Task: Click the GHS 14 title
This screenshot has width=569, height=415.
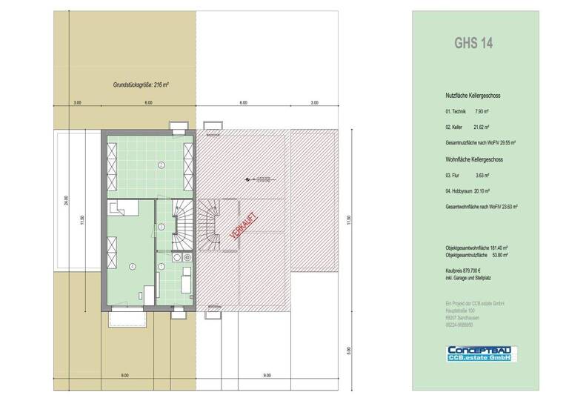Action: point(473,42)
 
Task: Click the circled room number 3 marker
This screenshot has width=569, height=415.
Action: point(161,226)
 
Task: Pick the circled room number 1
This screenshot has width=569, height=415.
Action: point(162,265)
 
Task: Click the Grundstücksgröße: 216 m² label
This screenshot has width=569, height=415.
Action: point(136,84)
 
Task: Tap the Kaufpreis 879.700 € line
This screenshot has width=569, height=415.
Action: point(464,273)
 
